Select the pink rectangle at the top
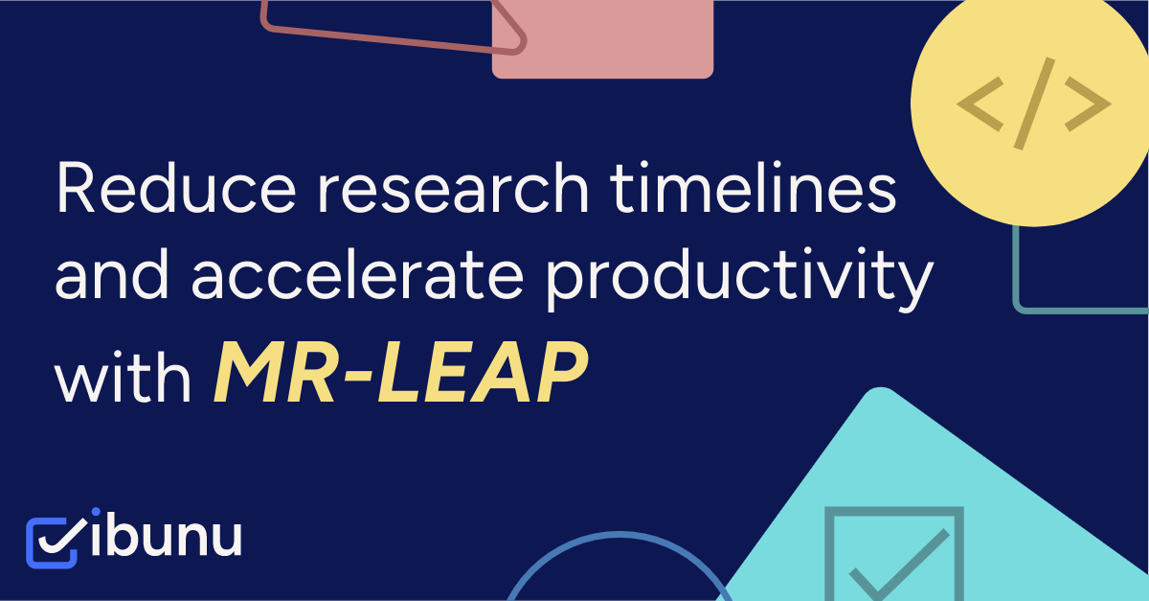coord(602,38)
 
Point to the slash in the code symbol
coord(1034,104)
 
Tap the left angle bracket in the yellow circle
coord(979,104)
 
